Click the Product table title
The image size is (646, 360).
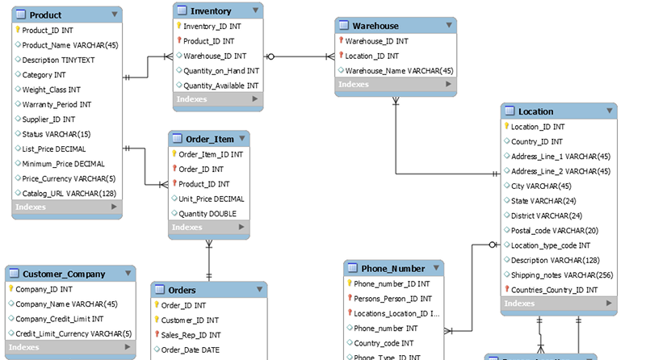click(45, 15)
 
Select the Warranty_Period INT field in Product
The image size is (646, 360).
click(57, 105)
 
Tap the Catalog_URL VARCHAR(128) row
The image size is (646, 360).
click(69, 194)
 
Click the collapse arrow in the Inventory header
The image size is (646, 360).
click(255, 10)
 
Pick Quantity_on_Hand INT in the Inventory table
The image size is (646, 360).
click(221, 71)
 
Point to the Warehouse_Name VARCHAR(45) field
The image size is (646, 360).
click(399, 71)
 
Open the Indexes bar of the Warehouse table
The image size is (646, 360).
click(396, 85)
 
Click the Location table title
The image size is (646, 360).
click(535, 111)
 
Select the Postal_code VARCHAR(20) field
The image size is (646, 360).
click(555, 231)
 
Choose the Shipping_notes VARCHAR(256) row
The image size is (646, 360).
click(562, 275)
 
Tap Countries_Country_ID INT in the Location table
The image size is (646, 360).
click(554, 290)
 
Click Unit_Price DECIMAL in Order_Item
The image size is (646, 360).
click(212, 199)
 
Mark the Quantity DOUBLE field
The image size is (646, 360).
click(208, 214)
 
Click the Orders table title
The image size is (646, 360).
click(182, 291)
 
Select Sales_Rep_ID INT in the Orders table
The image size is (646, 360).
click(191, 335)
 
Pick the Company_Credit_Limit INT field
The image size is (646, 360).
click(59, 319)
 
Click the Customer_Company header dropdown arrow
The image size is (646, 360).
click(128, 273)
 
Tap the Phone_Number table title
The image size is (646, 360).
click(393, 269)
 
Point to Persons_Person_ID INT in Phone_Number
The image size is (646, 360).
click(392, 299)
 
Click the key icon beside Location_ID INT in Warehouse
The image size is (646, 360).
click(341, 55)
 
